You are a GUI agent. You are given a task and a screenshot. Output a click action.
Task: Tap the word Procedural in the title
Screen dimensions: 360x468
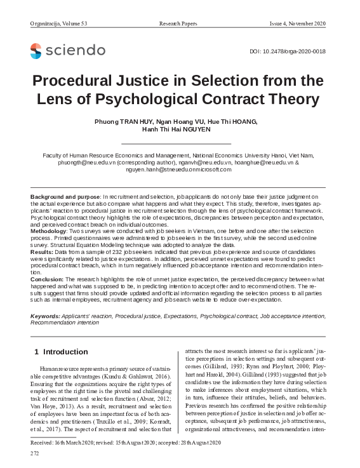(x=79, y=81)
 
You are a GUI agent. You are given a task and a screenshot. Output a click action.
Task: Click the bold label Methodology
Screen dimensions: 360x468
(x=53, y=232)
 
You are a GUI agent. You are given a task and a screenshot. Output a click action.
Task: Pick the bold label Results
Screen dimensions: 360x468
(x=43, y=253)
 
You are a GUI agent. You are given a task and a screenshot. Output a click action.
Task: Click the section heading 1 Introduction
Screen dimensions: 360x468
(x=60, y=352)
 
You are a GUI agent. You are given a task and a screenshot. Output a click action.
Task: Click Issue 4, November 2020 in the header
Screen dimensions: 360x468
(x=297, y=23)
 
